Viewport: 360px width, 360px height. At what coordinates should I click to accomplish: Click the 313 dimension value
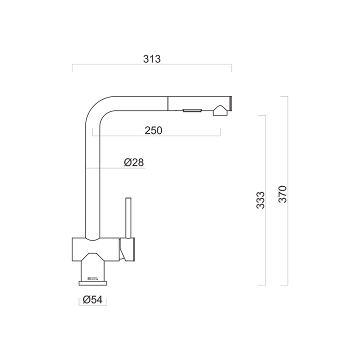click(x=151, y=59)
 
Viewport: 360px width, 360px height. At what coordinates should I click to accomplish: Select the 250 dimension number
click(x=153, y=130)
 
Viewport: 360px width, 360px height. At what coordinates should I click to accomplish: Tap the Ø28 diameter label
click(x=133, y=162)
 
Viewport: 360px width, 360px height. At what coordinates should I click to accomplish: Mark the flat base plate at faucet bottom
click(x=93, y=283)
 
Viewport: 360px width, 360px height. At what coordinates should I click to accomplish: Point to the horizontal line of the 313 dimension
click(x=151, y=65)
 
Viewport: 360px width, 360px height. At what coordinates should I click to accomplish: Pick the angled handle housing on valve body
click(x=127, y=248)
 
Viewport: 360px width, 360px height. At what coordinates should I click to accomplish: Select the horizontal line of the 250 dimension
click(x=155, y=136)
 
